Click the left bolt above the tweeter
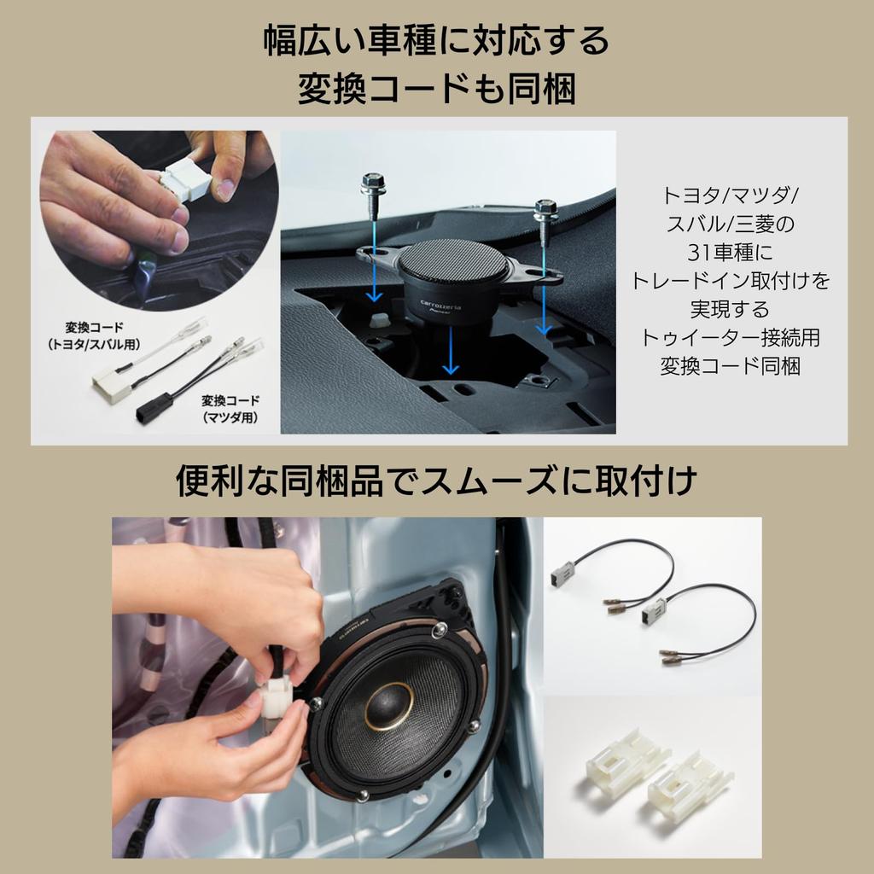[x=371, y=185]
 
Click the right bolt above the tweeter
[x=541, y=208]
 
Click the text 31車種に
[x=730, y=253]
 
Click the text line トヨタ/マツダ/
[x=730, y=195]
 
